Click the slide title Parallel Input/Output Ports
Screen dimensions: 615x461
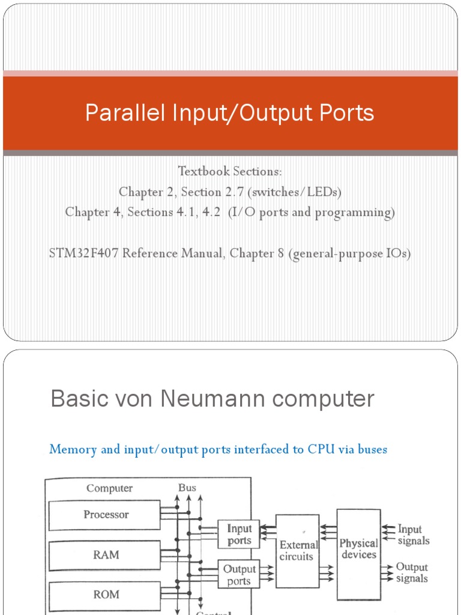point(230,113)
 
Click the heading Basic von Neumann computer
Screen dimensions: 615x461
point(212,399)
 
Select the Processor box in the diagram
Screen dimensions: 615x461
point(105,515)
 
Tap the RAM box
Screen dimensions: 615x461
point(105,555)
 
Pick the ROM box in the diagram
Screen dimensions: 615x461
point(105,595)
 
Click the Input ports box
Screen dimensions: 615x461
point(238,535)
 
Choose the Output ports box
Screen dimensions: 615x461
point(238,575)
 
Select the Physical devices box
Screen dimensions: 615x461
point(358,548)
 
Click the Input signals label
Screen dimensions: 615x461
point(413,535)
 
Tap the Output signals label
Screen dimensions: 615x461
point(412,573)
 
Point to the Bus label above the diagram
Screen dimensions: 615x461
point(187,488)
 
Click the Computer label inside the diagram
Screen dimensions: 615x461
point(109,488)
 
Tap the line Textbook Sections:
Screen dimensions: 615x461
point(230,171)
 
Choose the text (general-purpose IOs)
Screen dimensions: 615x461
point(349,253)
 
